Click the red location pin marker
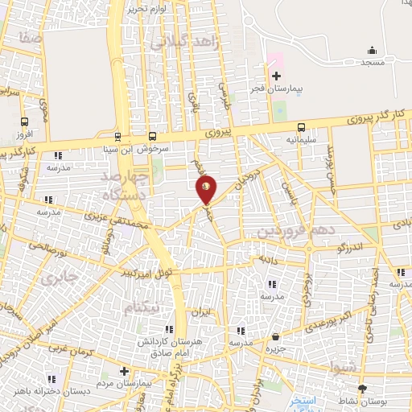(207, 188)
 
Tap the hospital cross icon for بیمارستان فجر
(276, 75)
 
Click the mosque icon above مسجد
(371, 50)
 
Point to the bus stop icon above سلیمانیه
(301, 127)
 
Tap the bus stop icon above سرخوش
(154, 137)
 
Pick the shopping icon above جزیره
(276, 336)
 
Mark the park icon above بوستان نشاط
(361, 389)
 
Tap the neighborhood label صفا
(33, 38)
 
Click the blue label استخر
(304, 400)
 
